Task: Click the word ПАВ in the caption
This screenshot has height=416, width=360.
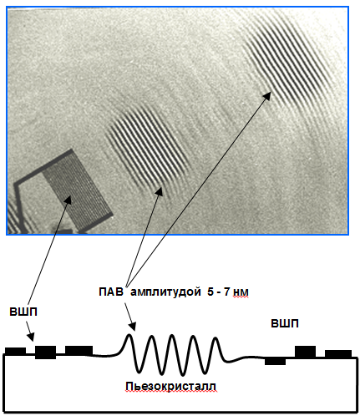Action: point(110,292)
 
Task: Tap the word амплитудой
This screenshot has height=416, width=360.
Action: point(165,292)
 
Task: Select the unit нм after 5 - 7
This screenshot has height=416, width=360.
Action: point(241,292)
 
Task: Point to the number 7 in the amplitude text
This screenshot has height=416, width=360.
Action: point(227,292)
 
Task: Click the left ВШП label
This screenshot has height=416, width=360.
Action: point(23,312)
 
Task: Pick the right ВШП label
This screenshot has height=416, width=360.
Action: point(285,323)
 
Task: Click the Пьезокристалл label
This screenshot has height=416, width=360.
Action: point(170,387)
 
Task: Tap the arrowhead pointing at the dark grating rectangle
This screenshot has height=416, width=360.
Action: point(68,200)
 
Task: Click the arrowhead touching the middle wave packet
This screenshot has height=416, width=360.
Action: point(160,191)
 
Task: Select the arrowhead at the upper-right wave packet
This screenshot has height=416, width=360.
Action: point(267,95)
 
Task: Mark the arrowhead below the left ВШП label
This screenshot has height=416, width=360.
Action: point(31,337)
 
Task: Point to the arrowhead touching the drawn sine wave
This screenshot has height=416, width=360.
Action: point(133,327)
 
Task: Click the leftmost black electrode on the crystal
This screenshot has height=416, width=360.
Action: point(15,351)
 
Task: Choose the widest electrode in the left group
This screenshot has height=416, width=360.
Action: point(79,350)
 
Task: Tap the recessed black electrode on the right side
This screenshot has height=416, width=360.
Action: point(275,361)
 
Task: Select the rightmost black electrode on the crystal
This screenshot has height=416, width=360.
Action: point(338,353)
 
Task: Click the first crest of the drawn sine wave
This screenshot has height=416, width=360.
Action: point(129,335)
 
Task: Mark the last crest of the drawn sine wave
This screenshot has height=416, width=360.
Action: point(215,338)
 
